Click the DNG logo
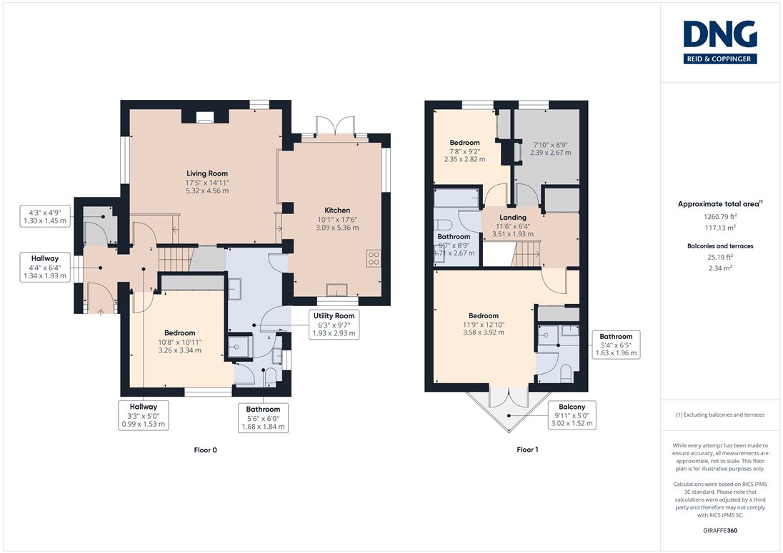[x=720, y=42]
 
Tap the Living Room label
[x=207, y=173]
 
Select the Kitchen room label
[x=337, y=210]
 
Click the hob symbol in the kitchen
[x=374, y=258]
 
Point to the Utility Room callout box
[x=334, y=325]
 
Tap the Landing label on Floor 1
[x=513, y=218]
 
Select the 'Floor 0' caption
[x=205, y=450]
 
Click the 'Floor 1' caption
[x=527, y=450]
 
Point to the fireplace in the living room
[x=205, y=117]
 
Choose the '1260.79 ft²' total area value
[x=720, y=217]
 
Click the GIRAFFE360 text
[x=720, y=531]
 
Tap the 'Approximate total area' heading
[x=719, y=203]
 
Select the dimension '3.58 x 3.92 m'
[x=484, y=332]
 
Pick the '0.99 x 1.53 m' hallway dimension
[x=144, y=425]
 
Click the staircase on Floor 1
[x=527, y=254]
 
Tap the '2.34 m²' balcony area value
[x=720, y=268]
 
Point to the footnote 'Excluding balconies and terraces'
[x=724, y=415]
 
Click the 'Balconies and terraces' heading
[x=720, y=246]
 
